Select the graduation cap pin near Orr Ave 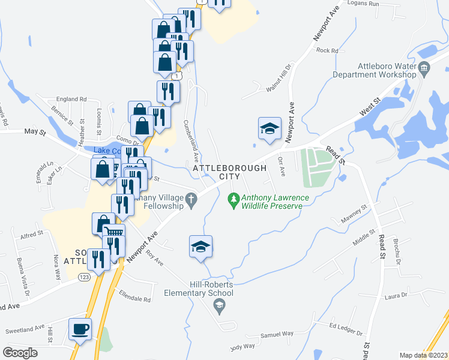point(270,128)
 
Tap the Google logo point(20,353)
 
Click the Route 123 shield point(85,277)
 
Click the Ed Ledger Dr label point(347,329)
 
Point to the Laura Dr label point(396,296)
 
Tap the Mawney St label point(354,211)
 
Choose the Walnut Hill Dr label point(279,77)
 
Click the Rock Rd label point(327,50)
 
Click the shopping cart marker point(113,232)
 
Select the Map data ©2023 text point(423,355)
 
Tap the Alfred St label point(32,233)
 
